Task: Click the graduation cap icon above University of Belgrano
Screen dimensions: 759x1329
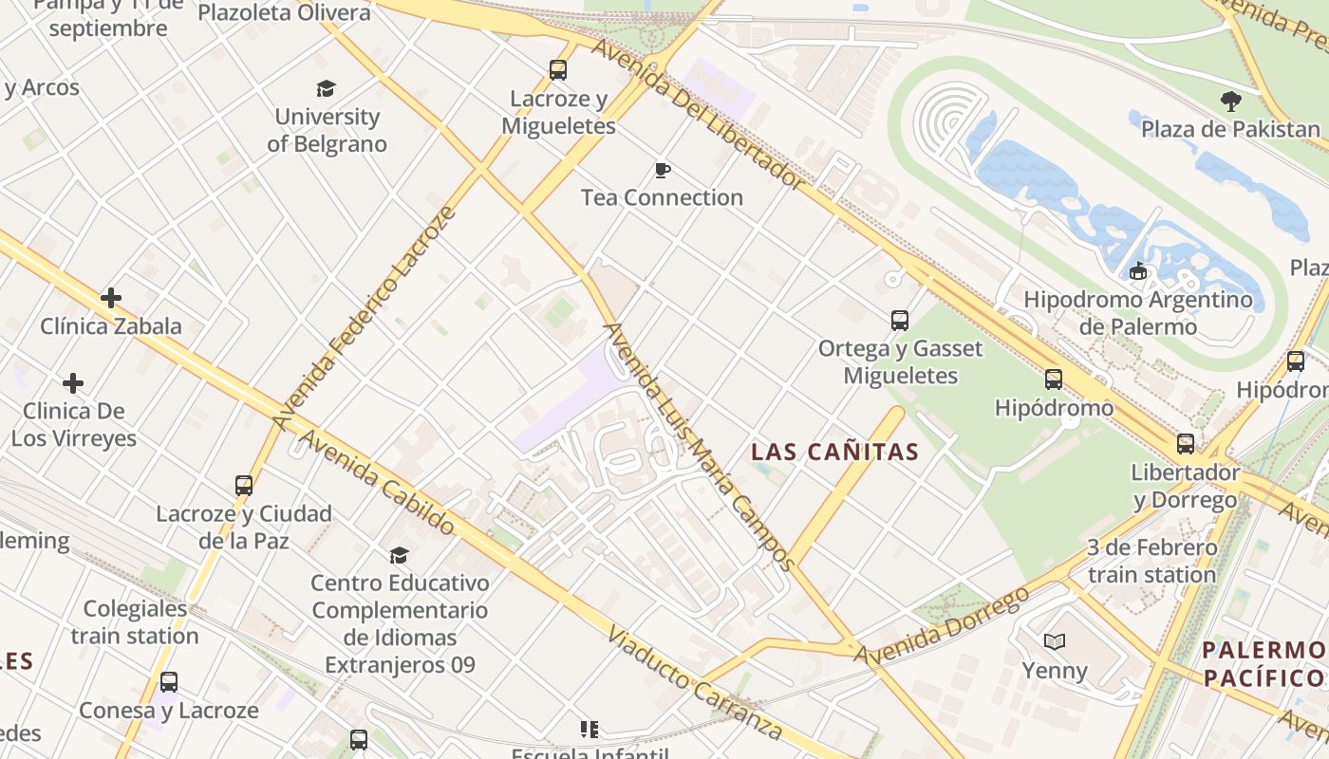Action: [327, 88]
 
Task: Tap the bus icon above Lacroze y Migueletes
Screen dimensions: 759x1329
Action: [558, 69]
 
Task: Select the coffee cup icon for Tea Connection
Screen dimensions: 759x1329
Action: [663, 170]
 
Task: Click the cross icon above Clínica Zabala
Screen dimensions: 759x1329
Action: [111, 298]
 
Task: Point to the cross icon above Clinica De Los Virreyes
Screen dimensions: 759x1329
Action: [73, 383]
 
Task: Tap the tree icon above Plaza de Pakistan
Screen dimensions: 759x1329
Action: [1231, 101]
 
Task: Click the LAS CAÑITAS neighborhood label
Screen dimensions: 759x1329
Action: [835, 452]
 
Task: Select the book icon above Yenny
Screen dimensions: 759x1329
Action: [1055, 642]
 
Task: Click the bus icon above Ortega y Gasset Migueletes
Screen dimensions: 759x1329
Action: [900, 320]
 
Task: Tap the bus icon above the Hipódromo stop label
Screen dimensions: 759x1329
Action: [1054, 379]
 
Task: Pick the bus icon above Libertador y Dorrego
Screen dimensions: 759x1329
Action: [1186, 443]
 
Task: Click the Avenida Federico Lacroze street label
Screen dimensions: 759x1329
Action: [365, 317]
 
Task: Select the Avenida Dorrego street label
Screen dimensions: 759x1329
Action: [942, 626]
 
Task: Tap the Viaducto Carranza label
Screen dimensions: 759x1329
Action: [696, 683]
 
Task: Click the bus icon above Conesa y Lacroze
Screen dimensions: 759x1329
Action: [169, 681]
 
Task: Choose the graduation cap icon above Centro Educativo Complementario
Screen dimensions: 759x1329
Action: [400, 554]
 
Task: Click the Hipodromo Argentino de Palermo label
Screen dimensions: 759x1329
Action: [1137, 313]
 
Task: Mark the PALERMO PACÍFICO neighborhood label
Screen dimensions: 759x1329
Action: [1263, 663]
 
